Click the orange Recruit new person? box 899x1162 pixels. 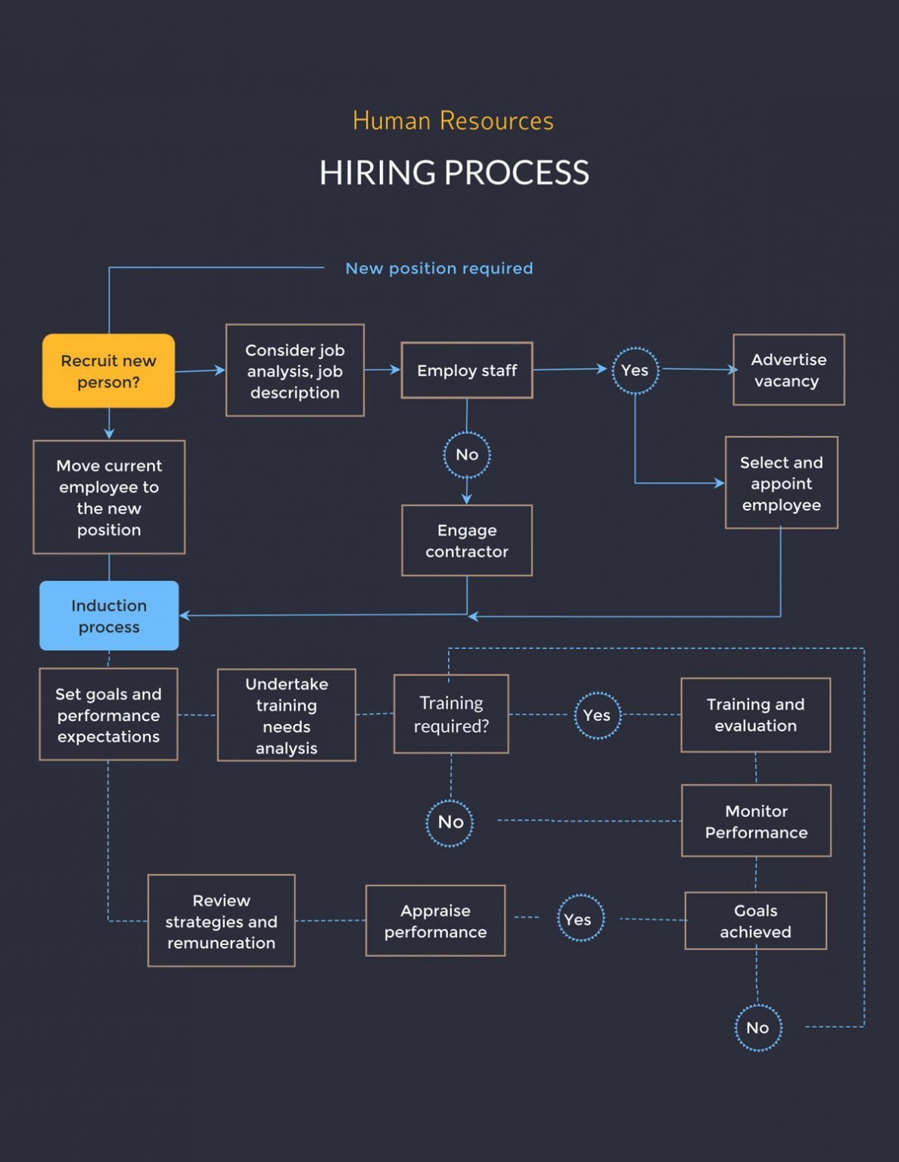pos(108,371)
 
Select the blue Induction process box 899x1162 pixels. pos(109,616)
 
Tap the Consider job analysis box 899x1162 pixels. pos(294,371)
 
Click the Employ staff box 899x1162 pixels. pos(467,371)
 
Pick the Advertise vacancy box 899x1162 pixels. pos(789,370)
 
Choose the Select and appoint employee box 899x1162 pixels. pos(781,483)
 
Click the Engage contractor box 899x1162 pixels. pos(467,540)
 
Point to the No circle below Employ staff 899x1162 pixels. pos(467,455)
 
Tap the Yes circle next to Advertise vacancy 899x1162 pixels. pos(635,370)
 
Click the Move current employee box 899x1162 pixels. pos(109,497)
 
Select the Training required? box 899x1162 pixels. pos(451,714)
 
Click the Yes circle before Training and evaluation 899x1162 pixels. pos(597,715)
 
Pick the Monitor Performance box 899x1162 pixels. pos(756,821)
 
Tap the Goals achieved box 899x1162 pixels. pos(755,921)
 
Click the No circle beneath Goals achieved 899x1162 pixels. pos(757,1027)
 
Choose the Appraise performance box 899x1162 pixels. pos(435,921)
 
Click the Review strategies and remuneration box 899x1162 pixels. pos(221,921)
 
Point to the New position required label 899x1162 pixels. pos(439,269)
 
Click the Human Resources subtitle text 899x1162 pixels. pos(453,121)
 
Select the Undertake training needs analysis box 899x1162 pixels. pos(286,715)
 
